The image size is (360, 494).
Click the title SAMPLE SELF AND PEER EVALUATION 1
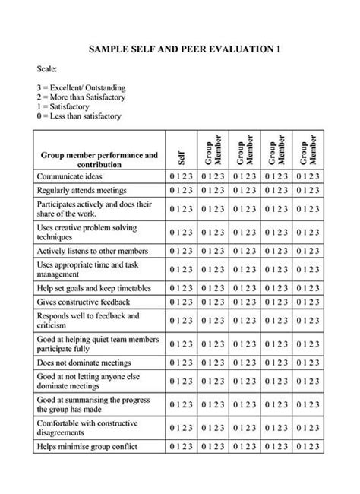click(x=185, y=49)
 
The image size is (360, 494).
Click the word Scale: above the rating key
click(x=47, y=68)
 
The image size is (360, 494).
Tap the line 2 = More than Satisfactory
click(x=81, y=97)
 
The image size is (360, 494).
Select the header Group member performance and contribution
click(x=99, y=160)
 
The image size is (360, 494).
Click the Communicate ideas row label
click(x=70, y=176)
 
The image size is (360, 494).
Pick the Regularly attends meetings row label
click(x=81, y=190)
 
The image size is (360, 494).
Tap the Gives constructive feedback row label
click(x=83, y=302)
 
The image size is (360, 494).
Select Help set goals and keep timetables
click(x=93, y=288)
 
